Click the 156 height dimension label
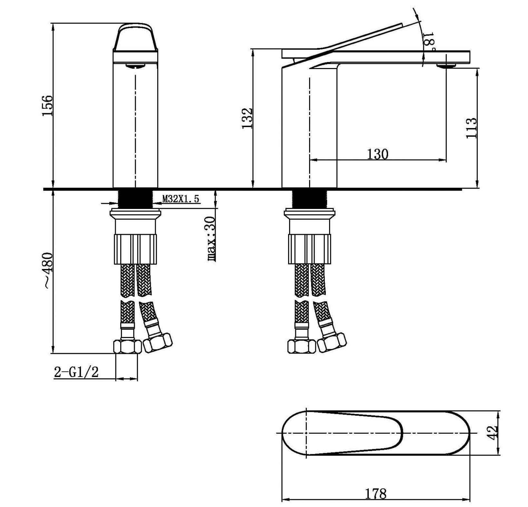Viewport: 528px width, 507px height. pos(47,106)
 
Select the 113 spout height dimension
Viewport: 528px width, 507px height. pos(471,128)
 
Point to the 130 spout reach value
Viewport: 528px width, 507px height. pos(378,154)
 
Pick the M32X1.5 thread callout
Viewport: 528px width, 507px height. pos(181,199)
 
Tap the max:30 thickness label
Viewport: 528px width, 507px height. pos(211,239)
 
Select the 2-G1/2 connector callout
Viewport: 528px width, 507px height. pos(76,372)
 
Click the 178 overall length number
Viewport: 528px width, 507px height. pos(376,494)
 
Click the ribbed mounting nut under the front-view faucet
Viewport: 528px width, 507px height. pos(135,249)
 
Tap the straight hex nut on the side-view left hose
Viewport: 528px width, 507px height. pos(301,346)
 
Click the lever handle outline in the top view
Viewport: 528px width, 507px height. pos(355,433)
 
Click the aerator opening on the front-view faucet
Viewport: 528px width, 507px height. pos(135,66)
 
